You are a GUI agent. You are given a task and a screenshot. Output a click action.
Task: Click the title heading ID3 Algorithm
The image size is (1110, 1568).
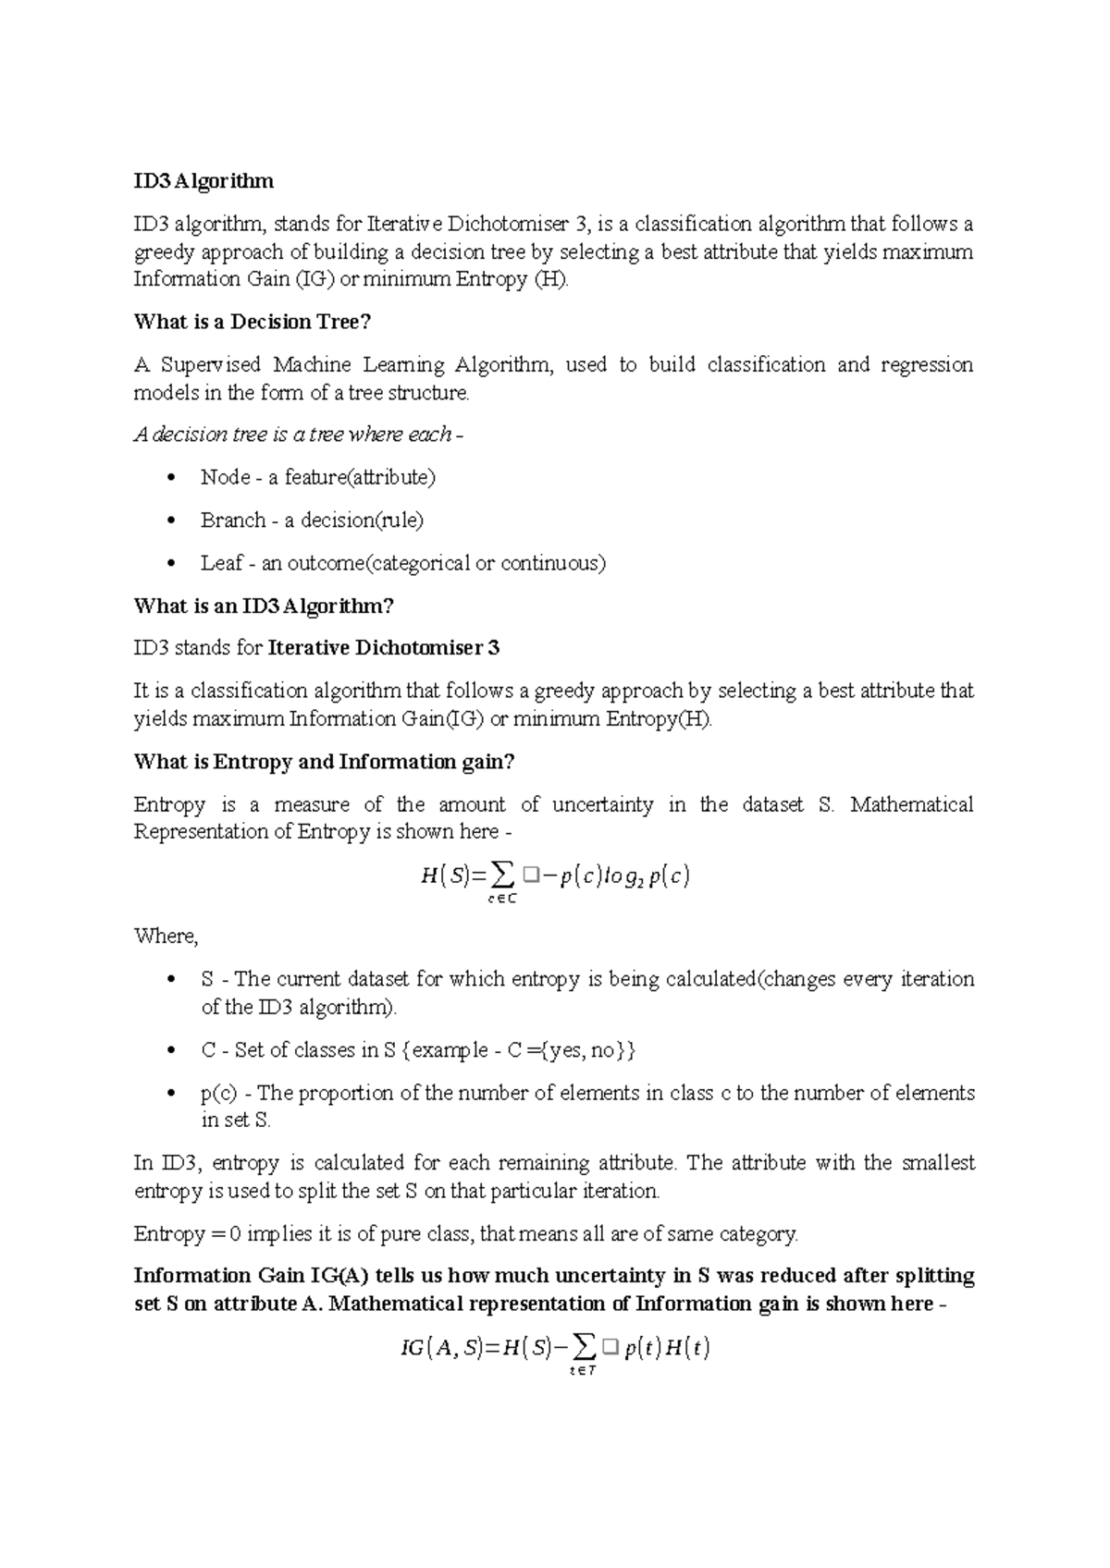point(203,181)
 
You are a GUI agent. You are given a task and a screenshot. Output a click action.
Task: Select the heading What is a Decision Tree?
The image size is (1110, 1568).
point(252,322)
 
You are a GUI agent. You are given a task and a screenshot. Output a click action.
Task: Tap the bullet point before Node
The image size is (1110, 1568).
point(168,478)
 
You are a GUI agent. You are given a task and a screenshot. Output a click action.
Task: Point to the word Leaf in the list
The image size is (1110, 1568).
point(222,563)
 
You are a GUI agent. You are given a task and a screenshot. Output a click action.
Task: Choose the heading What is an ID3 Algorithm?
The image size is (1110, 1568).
point(264,606)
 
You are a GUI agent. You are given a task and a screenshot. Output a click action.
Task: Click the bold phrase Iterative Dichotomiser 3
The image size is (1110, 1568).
point(383,648)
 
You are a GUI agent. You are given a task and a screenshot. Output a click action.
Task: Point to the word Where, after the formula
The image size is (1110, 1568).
point(166,936)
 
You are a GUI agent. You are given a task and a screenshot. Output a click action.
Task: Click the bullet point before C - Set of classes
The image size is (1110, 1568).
point(168,1051)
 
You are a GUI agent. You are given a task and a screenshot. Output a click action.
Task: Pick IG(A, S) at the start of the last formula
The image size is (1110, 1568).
point(440,1349)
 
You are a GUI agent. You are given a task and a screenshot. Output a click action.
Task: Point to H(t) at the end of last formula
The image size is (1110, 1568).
point(686,1349)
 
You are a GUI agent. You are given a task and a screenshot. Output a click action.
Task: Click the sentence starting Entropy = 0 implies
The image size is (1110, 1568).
point(465,1234)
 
